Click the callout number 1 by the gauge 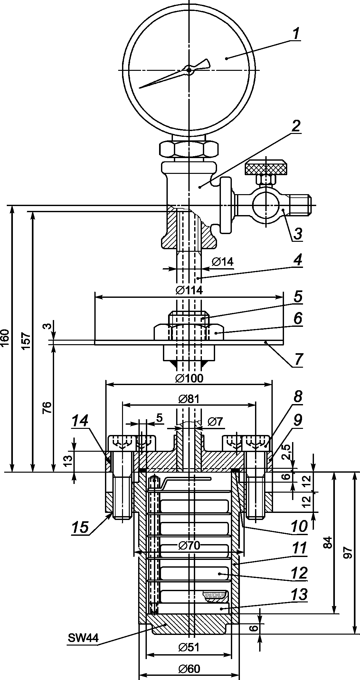(296, 34)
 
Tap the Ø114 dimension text (189, 290)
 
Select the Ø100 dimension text (189, 378)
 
